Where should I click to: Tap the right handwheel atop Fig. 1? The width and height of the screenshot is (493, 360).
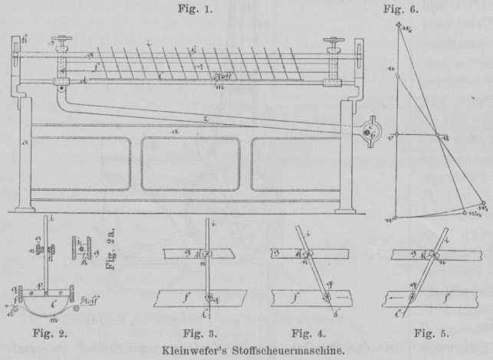pos(334,42)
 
